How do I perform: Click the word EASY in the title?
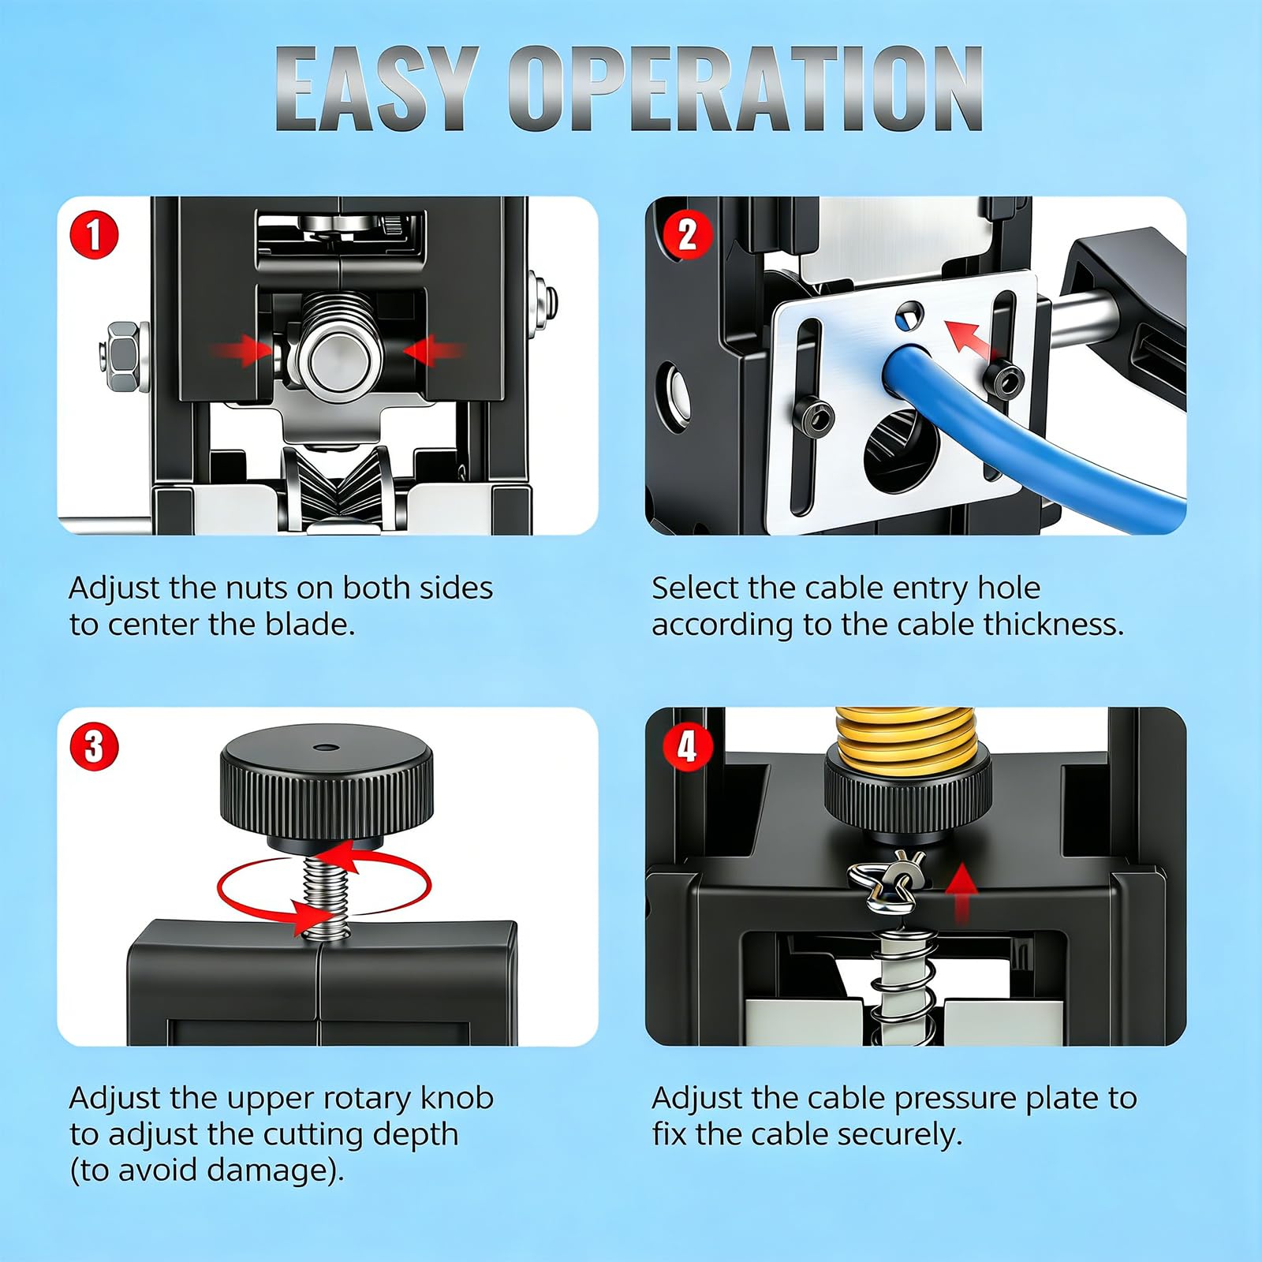377,88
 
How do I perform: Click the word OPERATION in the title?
745,88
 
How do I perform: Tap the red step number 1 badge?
94,235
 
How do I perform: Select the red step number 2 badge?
687,235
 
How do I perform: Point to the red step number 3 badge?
94,746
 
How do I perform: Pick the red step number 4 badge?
687,746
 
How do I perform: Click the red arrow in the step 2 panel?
972,339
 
